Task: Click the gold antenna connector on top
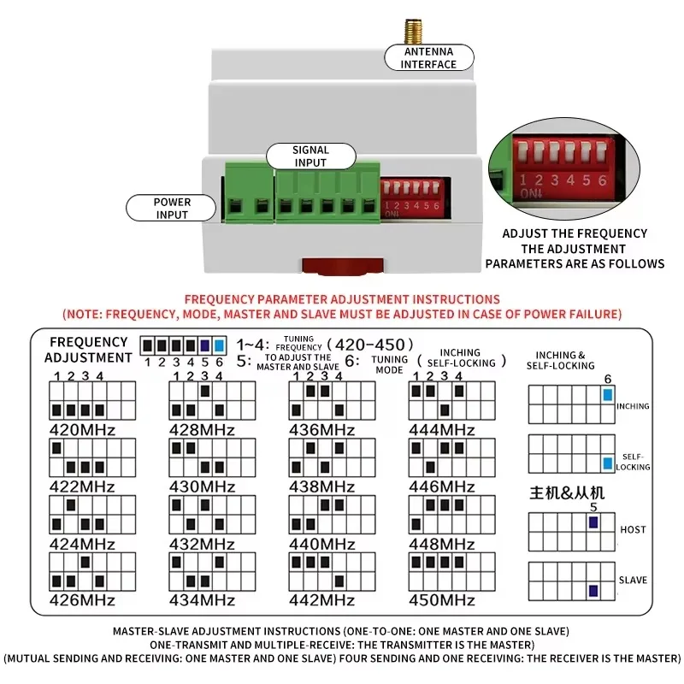(413, 32)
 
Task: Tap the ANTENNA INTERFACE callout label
(429, 57)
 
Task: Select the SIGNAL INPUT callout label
(310, 156)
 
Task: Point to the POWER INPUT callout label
(172, 208)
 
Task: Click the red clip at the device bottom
(343, 267)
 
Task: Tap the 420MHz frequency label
(82, 430)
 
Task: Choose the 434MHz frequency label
(202, 600)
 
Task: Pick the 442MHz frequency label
(322, 600)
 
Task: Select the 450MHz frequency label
(441, 600)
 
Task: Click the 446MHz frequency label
(441, 486)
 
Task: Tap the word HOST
(633, 529)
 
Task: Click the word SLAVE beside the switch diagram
(633, 581)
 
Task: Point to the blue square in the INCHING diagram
(608, 395)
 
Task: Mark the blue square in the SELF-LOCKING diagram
(608, 463)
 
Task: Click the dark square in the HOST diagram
(593, 522)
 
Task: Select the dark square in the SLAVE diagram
(593, 591)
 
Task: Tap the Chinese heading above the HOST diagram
(567, 493)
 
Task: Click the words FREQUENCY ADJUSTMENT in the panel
(88, 350)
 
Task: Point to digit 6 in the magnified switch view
(603, 180)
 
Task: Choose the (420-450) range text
(370, 345)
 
